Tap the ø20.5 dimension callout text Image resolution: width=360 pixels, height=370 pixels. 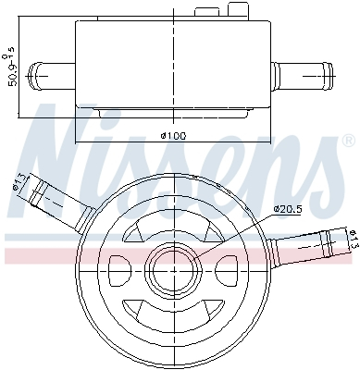pyautogui.click(x=289, y=208)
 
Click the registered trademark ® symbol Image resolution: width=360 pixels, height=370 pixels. pyautogui.click(x=348, y=142)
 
